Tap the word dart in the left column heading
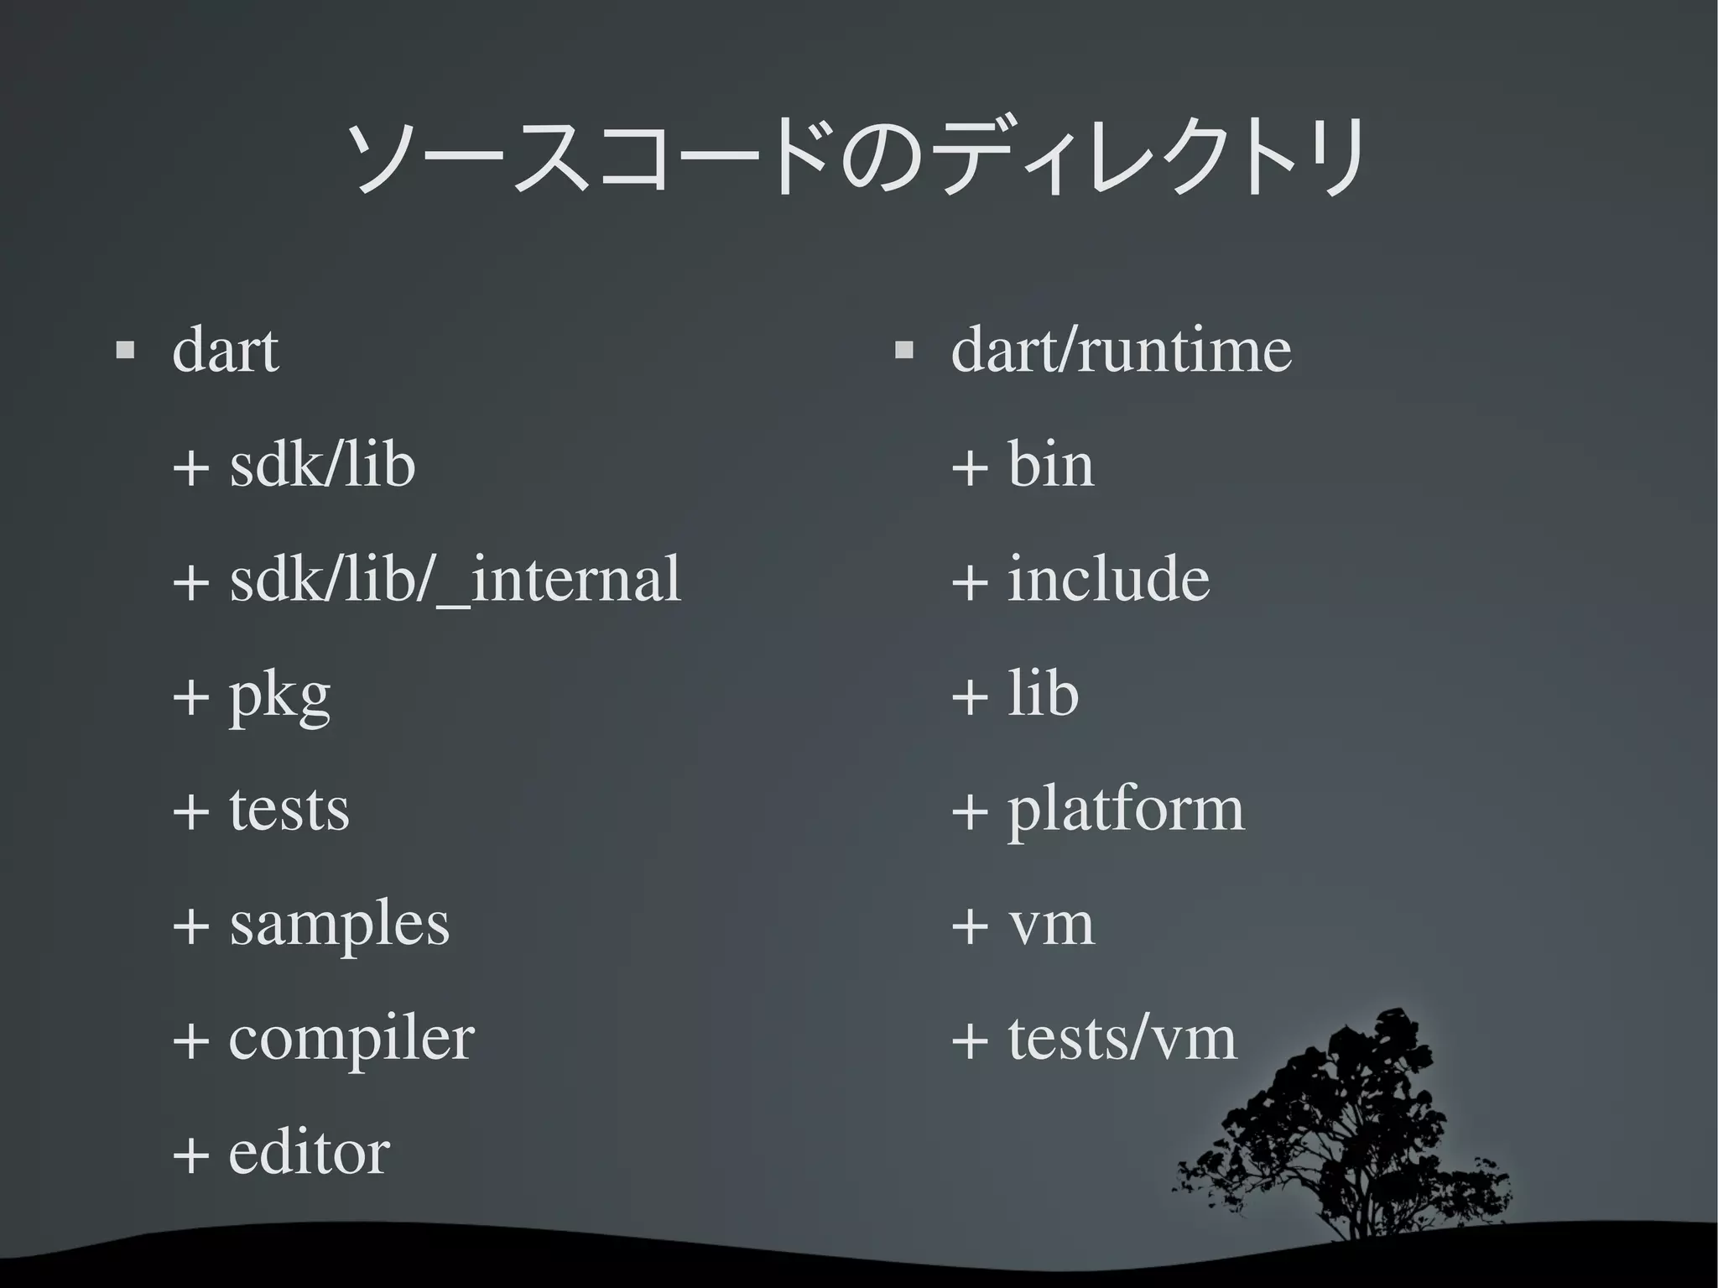click(225, 350)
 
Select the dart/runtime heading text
click(1121, 350)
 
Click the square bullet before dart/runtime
click(903, 349)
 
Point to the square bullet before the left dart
click(125, 349)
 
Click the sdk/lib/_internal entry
click(455, 579)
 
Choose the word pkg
click(279, 696)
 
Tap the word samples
click(339, 925)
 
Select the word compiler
click(351, 1040)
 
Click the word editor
click(309, 1153)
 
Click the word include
click(1108, 579)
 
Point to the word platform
click(1126, 811)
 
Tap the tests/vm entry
click(1122, 1039)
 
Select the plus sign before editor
click(191, 1155)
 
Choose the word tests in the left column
click(289, 810)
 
